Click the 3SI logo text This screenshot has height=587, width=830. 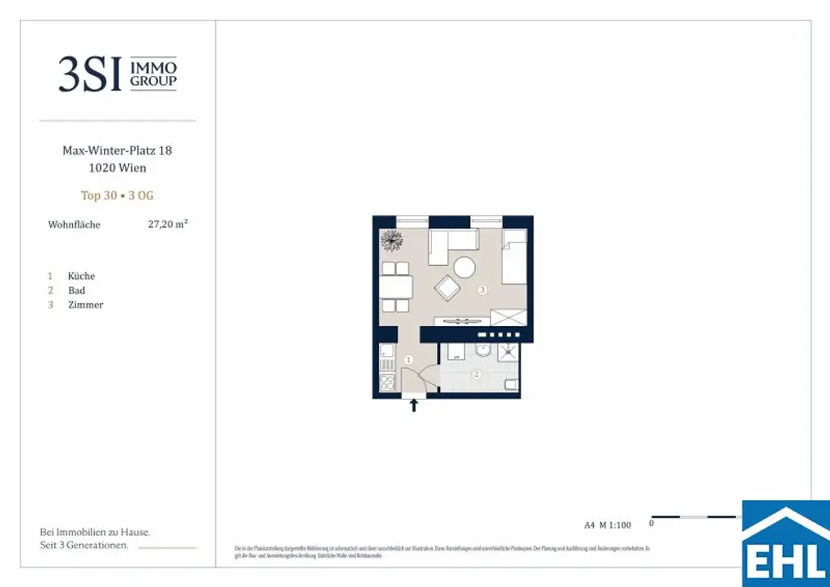90,75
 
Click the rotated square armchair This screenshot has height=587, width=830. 447,287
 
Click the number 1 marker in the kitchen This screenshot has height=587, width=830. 409,359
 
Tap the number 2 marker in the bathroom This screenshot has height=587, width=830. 477,374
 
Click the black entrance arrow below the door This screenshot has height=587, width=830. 414,405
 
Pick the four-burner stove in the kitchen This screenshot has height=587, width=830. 387,382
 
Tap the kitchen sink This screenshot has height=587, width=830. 386,353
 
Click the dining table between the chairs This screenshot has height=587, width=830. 396,287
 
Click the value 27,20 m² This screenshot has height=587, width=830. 168,225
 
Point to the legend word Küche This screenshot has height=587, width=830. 81,276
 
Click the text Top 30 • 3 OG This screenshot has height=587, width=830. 118,195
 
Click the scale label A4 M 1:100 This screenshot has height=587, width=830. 607,525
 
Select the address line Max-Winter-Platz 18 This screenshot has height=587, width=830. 118,151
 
